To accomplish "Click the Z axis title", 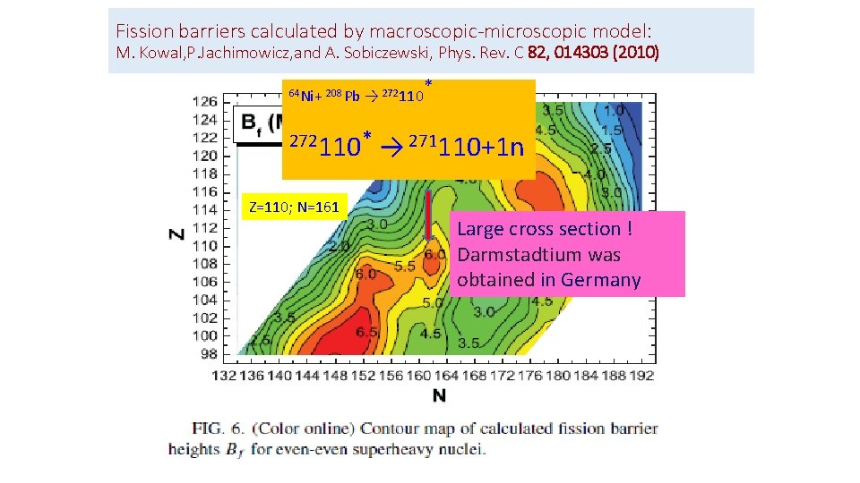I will point(176,233).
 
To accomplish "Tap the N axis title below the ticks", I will point(439,395).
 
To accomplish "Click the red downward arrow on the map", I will point(429,215).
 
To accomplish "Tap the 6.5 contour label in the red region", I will point(341,332).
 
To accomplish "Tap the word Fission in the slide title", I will point(144,29).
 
